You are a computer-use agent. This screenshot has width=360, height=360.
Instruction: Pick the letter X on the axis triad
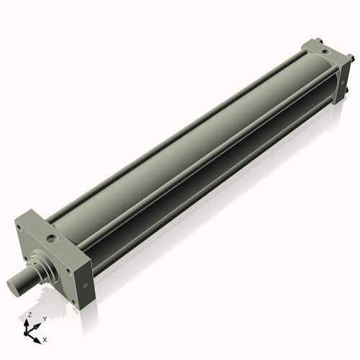(45, 338)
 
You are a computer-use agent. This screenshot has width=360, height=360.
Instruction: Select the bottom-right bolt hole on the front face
(68, 274)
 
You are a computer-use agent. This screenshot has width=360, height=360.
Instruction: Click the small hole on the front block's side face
(86, 285)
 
